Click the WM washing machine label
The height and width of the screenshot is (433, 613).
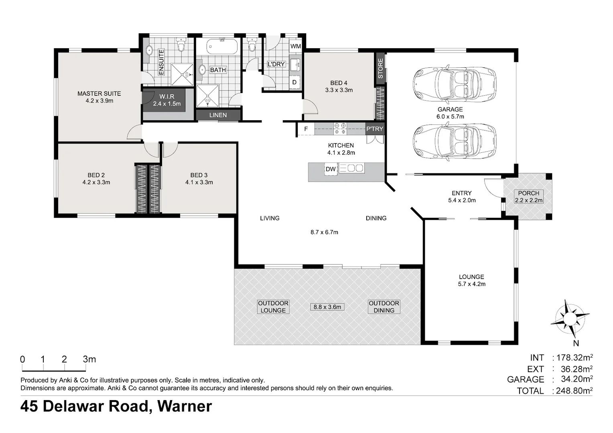click(295, 46)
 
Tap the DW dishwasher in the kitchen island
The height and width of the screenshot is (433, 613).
click(331, 169)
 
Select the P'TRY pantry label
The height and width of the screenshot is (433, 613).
click(375, 129)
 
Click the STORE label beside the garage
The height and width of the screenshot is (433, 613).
click(380, 69)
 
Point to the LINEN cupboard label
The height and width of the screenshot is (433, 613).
click(218, 115)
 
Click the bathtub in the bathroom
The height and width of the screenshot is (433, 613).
click(222, 47)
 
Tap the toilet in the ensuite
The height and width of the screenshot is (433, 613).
click(181, 45)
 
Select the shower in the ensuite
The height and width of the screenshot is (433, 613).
click(182, 75)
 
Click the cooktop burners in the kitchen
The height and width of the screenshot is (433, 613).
click(340, 129)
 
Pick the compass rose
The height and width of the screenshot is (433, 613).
click(570, 319)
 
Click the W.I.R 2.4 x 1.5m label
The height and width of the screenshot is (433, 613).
click(166, 100)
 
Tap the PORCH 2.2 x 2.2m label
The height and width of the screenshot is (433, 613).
click(528, 197)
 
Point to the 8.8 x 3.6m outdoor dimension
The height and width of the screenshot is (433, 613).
click(327, 307)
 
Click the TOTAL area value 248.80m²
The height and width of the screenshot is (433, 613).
click(574, 391)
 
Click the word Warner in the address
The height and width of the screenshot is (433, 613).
click(185, 406)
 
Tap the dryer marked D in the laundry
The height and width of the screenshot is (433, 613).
click(294, 82)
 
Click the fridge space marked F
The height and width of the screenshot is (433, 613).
click(306, 129)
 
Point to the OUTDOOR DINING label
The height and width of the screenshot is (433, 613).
click(384, 307)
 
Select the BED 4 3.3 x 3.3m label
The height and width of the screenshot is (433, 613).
click(339, 87)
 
